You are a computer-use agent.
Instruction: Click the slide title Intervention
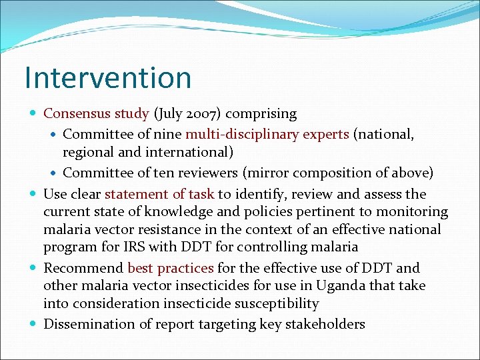coord(108,77)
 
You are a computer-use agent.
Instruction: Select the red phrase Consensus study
coord(96,114)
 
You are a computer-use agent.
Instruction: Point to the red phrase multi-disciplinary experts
coord(267,135)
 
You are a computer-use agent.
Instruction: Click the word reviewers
coord(205,173)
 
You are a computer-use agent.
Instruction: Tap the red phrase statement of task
coord(159,194)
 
